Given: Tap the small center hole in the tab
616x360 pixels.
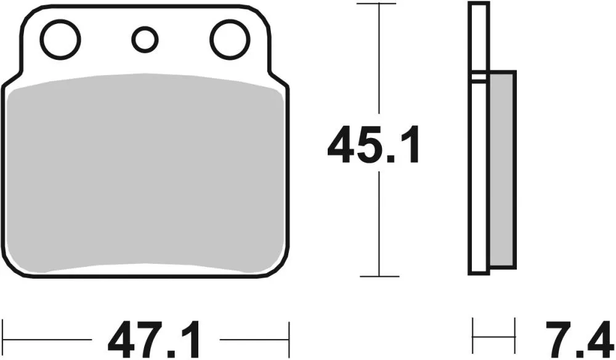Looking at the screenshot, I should pos(145,39).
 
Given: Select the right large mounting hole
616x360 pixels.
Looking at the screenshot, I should pos(229,39).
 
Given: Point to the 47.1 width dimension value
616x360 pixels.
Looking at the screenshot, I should pos(155,340).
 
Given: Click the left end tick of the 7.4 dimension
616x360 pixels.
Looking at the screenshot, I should pos(472,337).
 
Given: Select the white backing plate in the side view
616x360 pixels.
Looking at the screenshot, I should pos(478,173).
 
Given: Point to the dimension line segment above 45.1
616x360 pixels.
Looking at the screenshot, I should pos(378,62).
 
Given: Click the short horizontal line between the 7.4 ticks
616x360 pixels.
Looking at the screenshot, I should pos(493,337).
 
